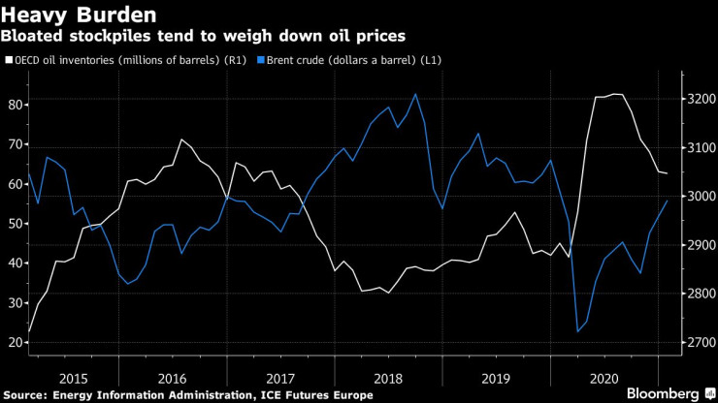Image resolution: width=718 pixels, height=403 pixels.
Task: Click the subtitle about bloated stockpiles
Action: [204, 36]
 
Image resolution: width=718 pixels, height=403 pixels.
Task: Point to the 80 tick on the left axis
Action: [16, 104]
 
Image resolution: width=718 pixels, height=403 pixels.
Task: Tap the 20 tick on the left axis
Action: [16, 342]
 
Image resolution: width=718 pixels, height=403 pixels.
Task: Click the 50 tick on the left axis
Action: [16, 223]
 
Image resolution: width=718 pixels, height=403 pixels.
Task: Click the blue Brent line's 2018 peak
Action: [415, 94]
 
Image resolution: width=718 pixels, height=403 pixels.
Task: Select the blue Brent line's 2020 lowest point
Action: [578, 332]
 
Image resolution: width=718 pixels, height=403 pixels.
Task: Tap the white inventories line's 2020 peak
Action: [613, 94]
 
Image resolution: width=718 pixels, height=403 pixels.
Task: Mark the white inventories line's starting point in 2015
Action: [29, 332]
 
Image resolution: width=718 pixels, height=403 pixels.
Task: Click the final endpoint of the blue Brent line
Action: [667, 201]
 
